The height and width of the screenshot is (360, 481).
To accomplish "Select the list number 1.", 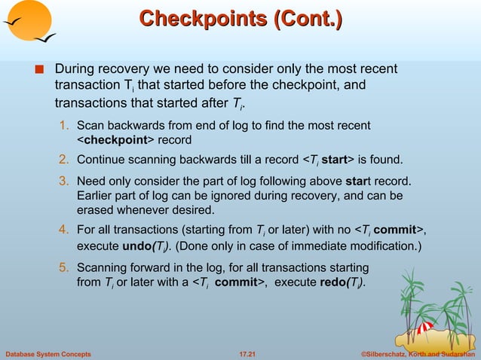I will pyautogui.click(x=66, y=124).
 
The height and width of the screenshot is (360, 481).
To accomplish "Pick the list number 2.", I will pyautogui.click(x=66, y=159).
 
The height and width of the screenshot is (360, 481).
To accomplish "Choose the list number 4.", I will pyautogui.click(x=66, y=230).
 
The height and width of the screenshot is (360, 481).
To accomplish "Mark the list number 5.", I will pyautogui.click(x=66, y=267).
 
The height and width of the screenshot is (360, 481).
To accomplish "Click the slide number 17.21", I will pyautogui.click(x=240, y=353).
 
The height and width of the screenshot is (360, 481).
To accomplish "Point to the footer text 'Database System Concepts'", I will pyautogui.click(x=48, y=353).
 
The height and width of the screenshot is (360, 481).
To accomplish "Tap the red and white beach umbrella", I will pyautogui.click(x=424, y=329).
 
